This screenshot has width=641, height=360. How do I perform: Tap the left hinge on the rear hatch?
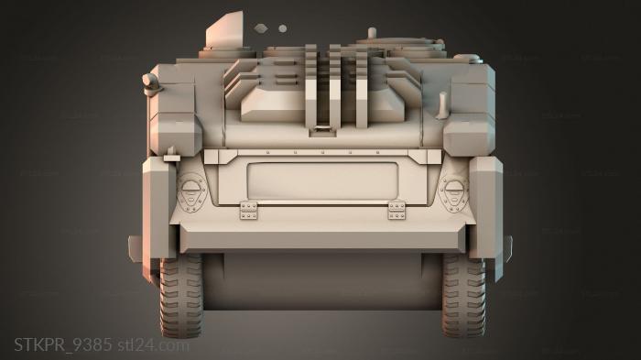(x=248, y=210)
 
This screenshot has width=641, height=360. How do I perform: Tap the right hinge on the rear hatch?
(x=397, y=210)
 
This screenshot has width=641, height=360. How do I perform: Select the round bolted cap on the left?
(x=190, y=191)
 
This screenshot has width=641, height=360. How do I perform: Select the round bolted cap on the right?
(x=453, y=191)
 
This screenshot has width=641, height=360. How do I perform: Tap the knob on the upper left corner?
(x=151, y=84)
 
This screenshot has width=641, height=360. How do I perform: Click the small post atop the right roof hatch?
(x=372, y=33)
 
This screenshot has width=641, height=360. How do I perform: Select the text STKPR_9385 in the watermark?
(x=62, y=345)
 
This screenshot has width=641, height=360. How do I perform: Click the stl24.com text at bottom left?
(x=154, y=345)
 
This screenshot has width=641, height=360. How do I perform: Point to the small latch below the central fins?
(x=320, y=130)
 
